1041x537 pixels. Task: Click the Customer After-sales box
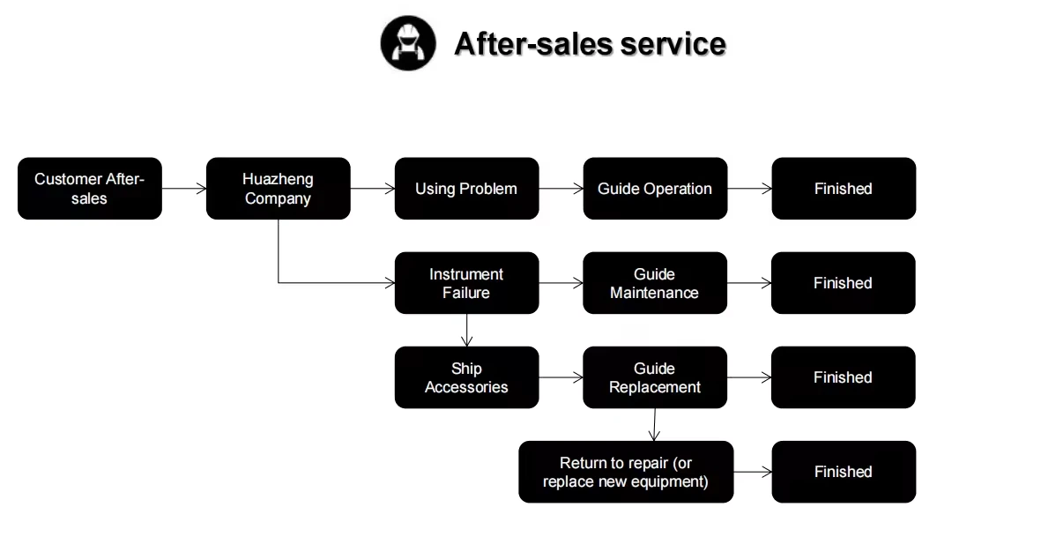[x=90, y=189]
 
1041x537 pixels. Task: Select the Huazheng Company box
[x=278, y=189]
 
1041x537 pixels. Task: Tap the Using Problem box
[x=466, y=189]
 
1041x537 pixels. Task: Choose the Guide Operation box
[x=655, y=189]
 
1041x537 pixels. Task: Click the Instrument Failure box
[x=466, y=283]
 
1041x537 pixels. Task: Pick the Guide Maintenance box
[x=655, y=283]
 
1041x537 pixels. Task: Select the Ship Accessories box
[x=466, y=377]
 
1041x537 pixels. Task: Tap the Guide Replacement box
[x=655, y=377]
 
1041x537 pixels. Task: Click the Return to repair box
[x=626, y=472]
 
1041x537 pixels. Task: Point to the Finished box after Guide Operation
[x=844, y=189]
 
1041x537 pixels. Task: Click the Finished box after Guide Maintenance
[x=844, y=283]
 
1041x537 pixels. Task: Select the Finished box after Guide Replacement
[x=844, y=377]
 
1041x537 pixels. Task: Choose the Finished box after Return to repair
[x=844, y=472]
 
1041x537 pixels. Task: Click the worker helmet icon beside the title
[x=408, y=43]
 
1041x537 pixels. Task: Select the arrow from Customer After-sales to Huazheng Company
[x=184, y=189]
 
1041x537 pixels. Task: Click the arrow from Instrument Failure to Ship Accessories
[x=466, y=330]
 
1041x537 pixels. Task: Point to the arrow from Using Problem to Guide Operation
[x=561, y=189]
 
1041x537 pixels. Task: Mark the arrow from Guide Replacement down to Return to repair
[x=653, y=424]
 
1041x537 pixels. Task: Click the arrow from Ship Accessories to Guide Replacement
[x=561, y=377]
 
